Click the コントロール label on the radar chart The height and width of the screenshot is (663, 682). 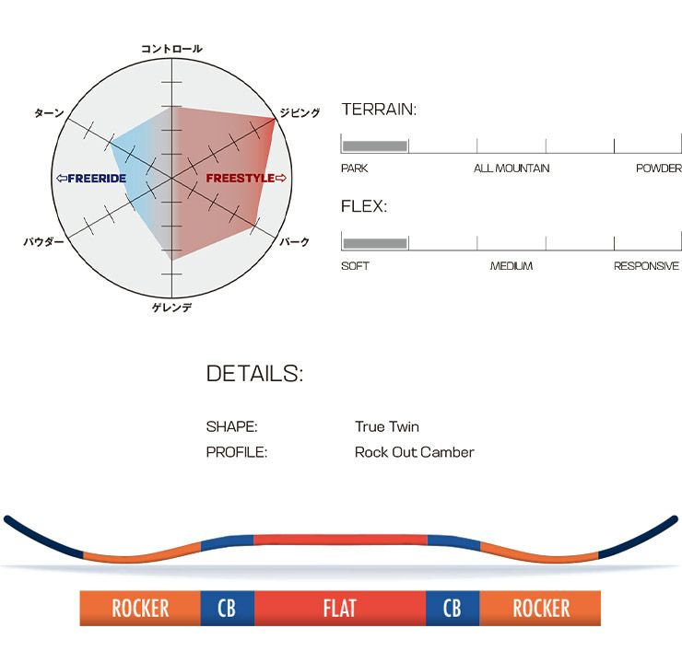pos(171,49)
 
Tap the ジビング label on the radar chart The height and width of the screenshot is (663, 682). pos(300,112)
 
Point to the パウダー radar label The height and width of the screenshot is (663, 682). pos(44,242)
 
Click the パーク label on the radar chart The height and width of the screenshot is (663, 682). pos(295,242)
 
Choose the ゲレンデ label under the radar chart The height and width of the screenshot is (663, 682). pos(171,307)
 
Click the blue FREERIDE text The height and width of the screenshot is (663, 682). pos(91,178)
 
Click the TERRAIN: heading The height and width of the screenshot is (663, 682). pos(379,110)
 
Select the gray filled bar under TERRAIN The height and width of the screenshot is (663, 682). pos(375,145)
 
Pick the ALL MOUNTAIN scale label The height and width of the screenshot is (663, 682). pos(511,169)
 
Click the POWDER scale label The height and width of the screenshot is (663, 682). pos(658,169)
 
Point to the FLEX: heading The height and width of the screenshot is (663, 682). pos(364,206)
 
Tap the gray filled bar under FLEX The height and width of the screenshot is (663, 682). pos(375,243)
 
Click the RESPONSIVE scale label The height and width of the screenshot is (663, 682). pos(646,266)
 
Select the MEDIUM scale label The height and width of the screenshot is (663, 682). pos(511,266)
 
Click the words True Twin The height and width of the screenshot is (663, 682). pos(386,427)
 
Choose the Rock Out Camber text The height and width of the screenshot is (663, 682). pos(414,452)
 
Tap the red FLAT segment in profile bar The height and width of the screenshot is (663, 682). pos(339,609)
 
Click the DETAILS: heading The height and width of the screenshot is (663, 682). pos(254,374)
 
